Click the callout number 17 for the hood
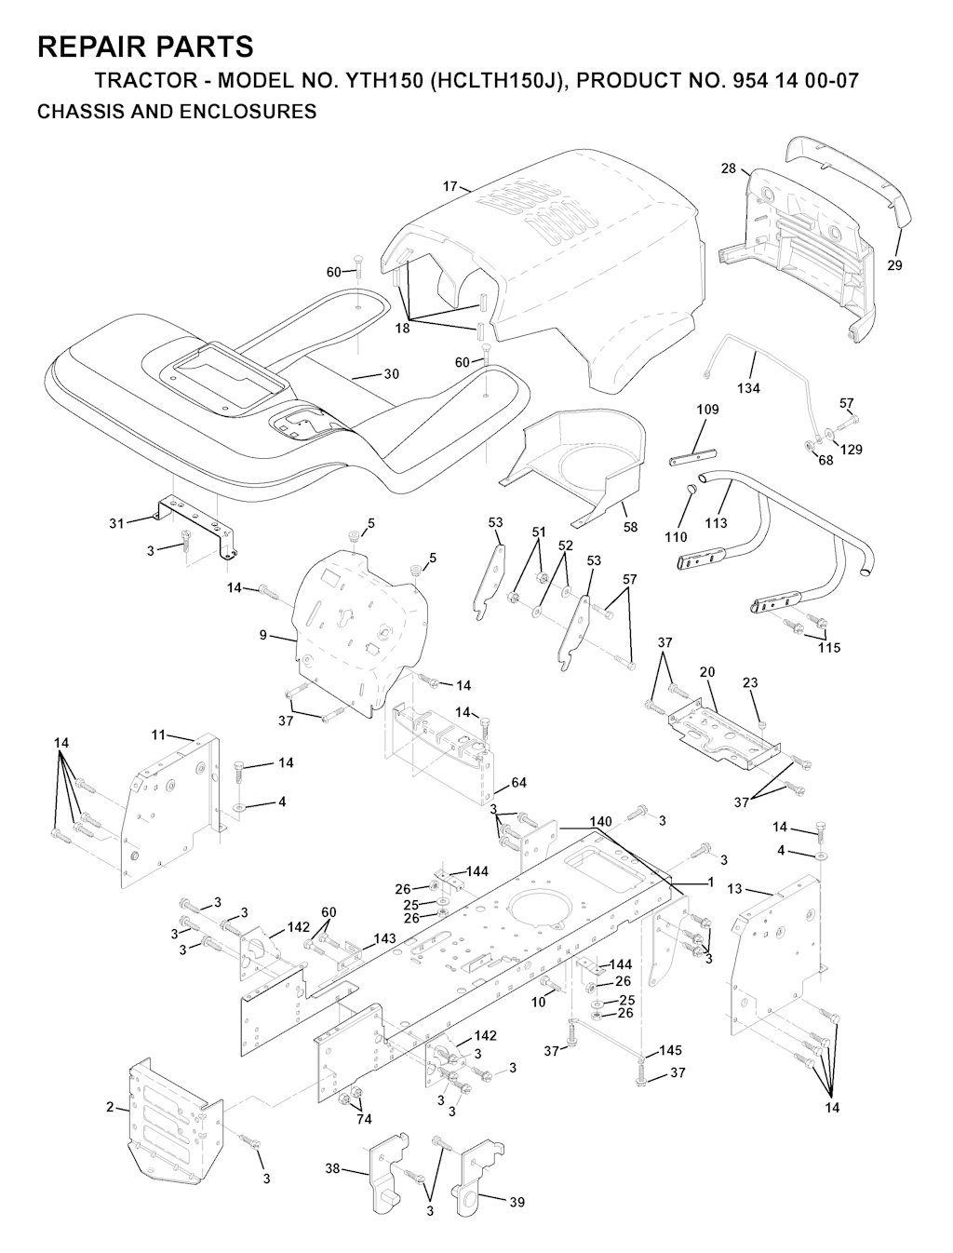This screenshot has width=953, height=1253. [450, 186]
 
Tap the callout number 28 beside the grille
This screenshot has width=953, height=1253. [728, 168]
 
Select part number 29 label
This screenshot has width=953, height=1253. [894, 265]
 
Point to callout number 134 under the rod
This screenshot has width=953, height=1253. [748, 388]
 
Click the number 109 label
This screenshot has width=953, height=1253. [707, 410]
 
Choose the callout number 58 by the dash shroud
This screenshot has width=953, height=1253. [630, 527]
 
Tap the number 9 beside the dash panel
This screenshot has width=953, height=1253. [263, 635]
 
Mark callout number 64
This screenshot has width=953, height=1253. [518, 783]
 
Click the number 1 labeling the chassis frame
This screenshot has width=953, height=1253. [711, 882]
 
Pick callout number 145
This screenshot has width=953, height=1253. [670, 1050]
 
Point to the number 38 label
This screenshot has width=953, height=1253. [332, 1168]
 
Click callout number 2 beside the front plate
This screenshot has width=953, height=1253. [110, 1106]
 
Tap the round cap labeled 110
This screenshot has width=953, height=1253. [691, 490]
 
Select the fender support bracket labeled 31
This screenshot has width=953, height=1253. [195, 526]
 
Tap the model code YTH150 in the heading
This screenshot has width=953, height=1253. [383, 81]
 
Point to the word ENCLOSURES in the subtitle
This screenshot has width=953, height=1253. [248, 112]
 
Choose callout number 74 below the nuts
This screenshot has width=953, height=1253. [364, 1119]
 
